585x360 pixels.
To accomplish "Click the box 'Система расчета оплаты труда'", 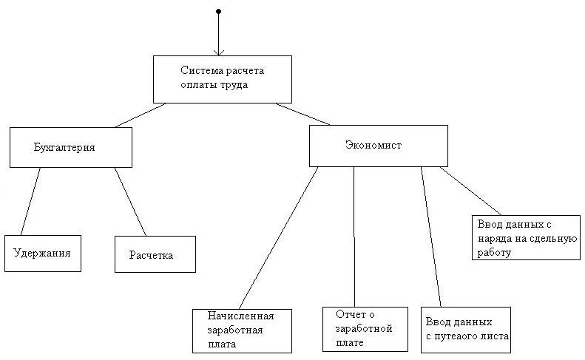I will (x=221, y=79).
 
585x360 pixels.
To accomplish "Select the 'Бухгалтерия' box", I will (x=71, y=147).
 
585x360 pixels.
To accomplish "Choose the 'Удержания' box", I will (x=42, y=253).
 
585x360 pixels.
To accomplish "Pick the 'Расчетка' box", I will (x=155, y=255).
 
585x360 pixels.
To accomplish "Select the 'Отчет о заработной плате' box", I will (x=365, y=329).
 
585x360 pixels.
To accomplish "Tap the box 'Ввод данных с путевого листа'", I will (x=465, y=330).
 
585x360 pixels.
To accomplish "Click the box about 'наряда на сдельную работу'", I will (x=524, y=237).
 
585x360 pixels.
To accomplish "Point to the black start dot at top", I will (x=218, y=12).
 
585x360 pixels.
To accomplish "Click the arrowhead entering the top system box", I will (x=218, y=52).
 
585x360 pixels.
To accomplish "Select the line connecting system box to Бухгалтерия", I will (x=138, y=115).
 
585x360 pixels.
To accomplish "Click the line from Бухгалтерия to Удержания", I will (x=30, y=201).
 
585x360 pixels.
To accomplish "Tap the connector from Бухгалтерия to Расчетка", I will (x=130, y=202).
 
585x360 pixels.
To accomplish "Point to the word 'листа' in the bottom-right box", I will (x=494, y=337).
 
